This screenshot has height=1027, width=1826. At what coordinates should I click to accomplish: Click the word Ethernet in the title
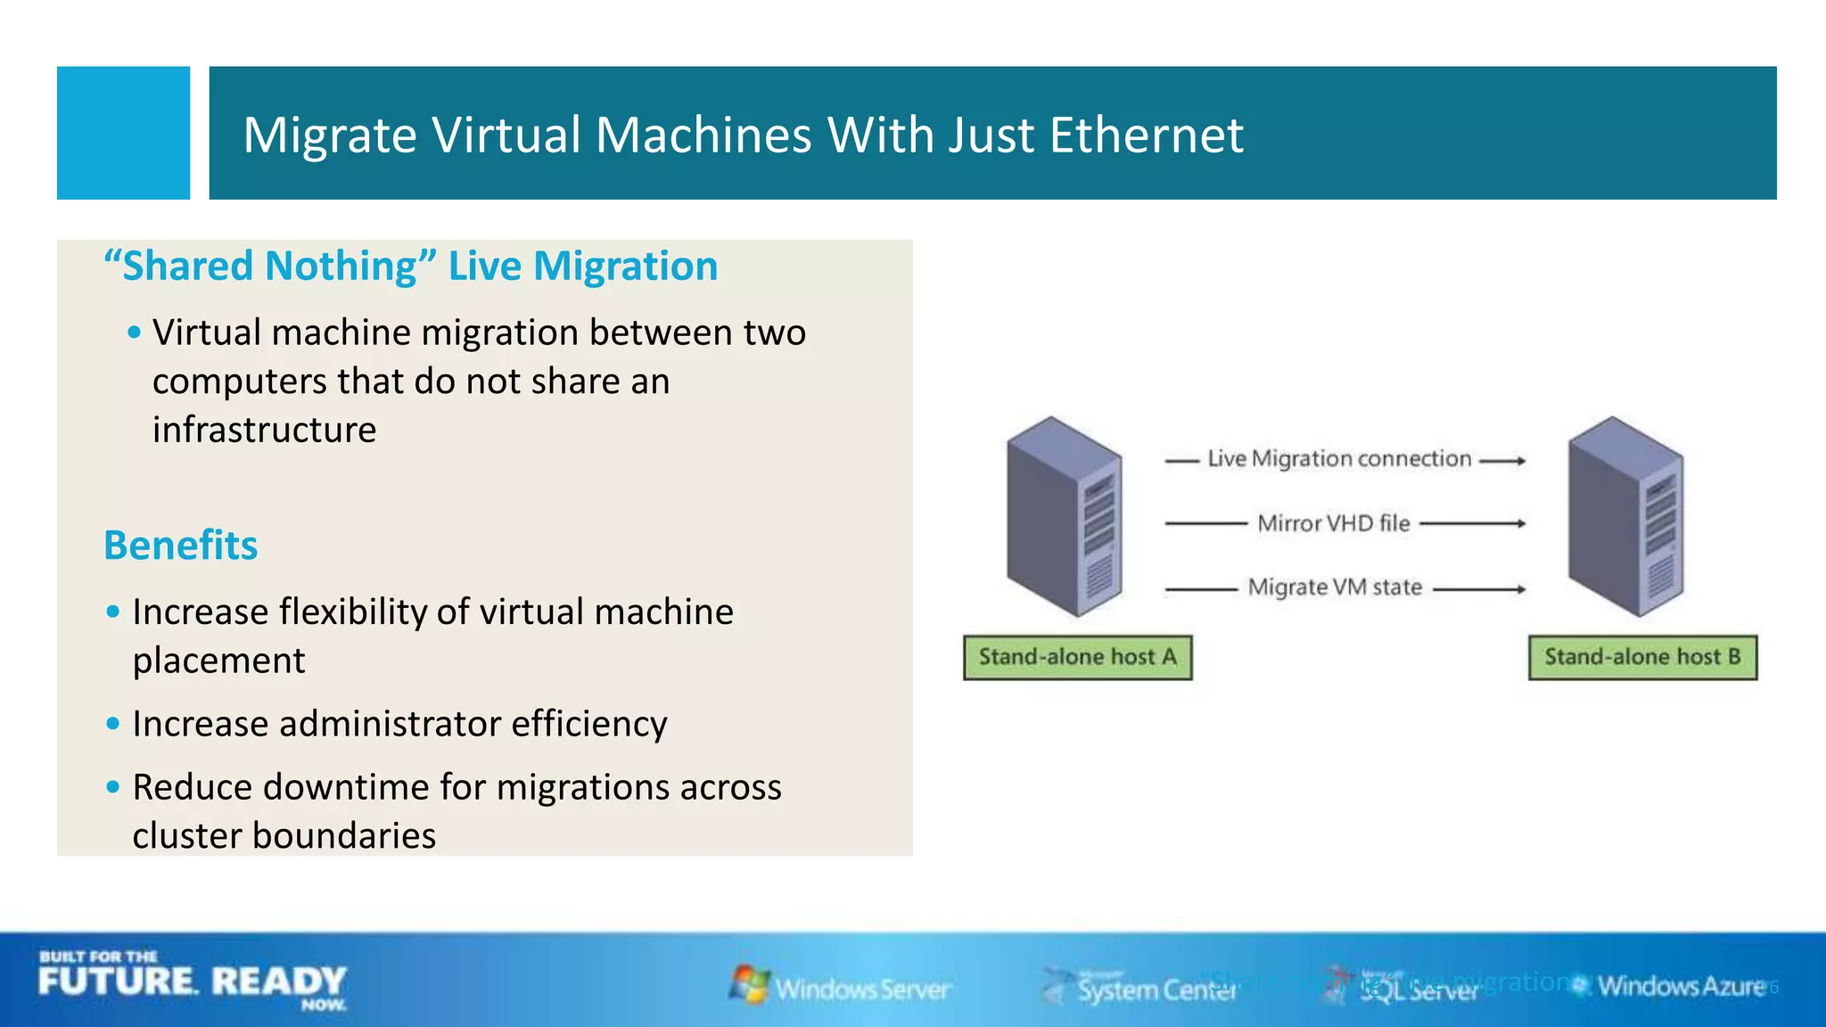[x=1146, y=136]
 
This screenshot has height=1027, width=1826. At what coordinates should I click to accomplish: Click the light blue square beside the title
[x=123, y=133]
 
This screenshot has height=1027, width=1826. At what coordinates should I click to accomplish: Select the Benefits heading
[x=180, y=545]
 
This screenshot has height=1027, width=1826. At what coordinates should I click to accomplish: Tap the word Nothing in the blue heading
[x=341, y=267]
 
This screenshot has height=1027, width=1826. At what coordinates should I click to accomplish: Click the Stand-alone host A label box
[x=1077, y=658]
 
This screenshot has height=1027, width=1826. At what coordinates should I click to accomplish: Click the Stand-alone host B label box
[x=1642, y=658]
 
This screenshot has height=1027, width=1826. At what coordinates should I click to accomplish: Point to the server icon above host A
[x=1064, y=517]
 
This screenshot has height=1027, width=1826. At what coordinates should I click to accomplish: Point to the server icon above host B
[x=1625, y=517]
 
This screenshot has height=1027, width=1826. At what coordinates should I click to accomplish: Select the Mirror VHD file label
[x=1334, y=523]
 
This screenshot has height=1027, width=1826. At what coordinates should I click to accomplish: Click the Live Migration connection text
[x=1339, y=459]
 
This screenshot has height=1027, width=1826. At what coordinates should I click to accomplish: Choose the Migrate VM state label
[x=1335, y=587]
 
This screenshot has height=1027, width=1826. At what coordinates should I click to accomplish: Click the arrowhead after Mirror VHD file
[x=1521, y=524]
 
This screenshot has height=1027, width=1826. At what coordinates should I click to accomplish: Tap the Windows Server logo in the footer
[x=840, y=986]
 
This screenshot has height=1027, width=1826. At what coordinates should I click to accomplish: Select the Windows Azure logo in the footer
[x=1671, y=986]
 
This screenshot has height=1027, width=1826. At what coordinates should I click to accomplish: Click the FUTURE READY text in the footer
[x=192, y=982]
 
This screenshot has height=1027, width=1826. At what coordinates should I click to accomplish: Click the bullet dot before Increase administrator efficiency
[x=112, y=724]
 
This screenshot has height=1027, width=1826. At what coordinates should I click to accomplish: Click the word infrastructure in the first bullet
[x=264, y=430]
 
